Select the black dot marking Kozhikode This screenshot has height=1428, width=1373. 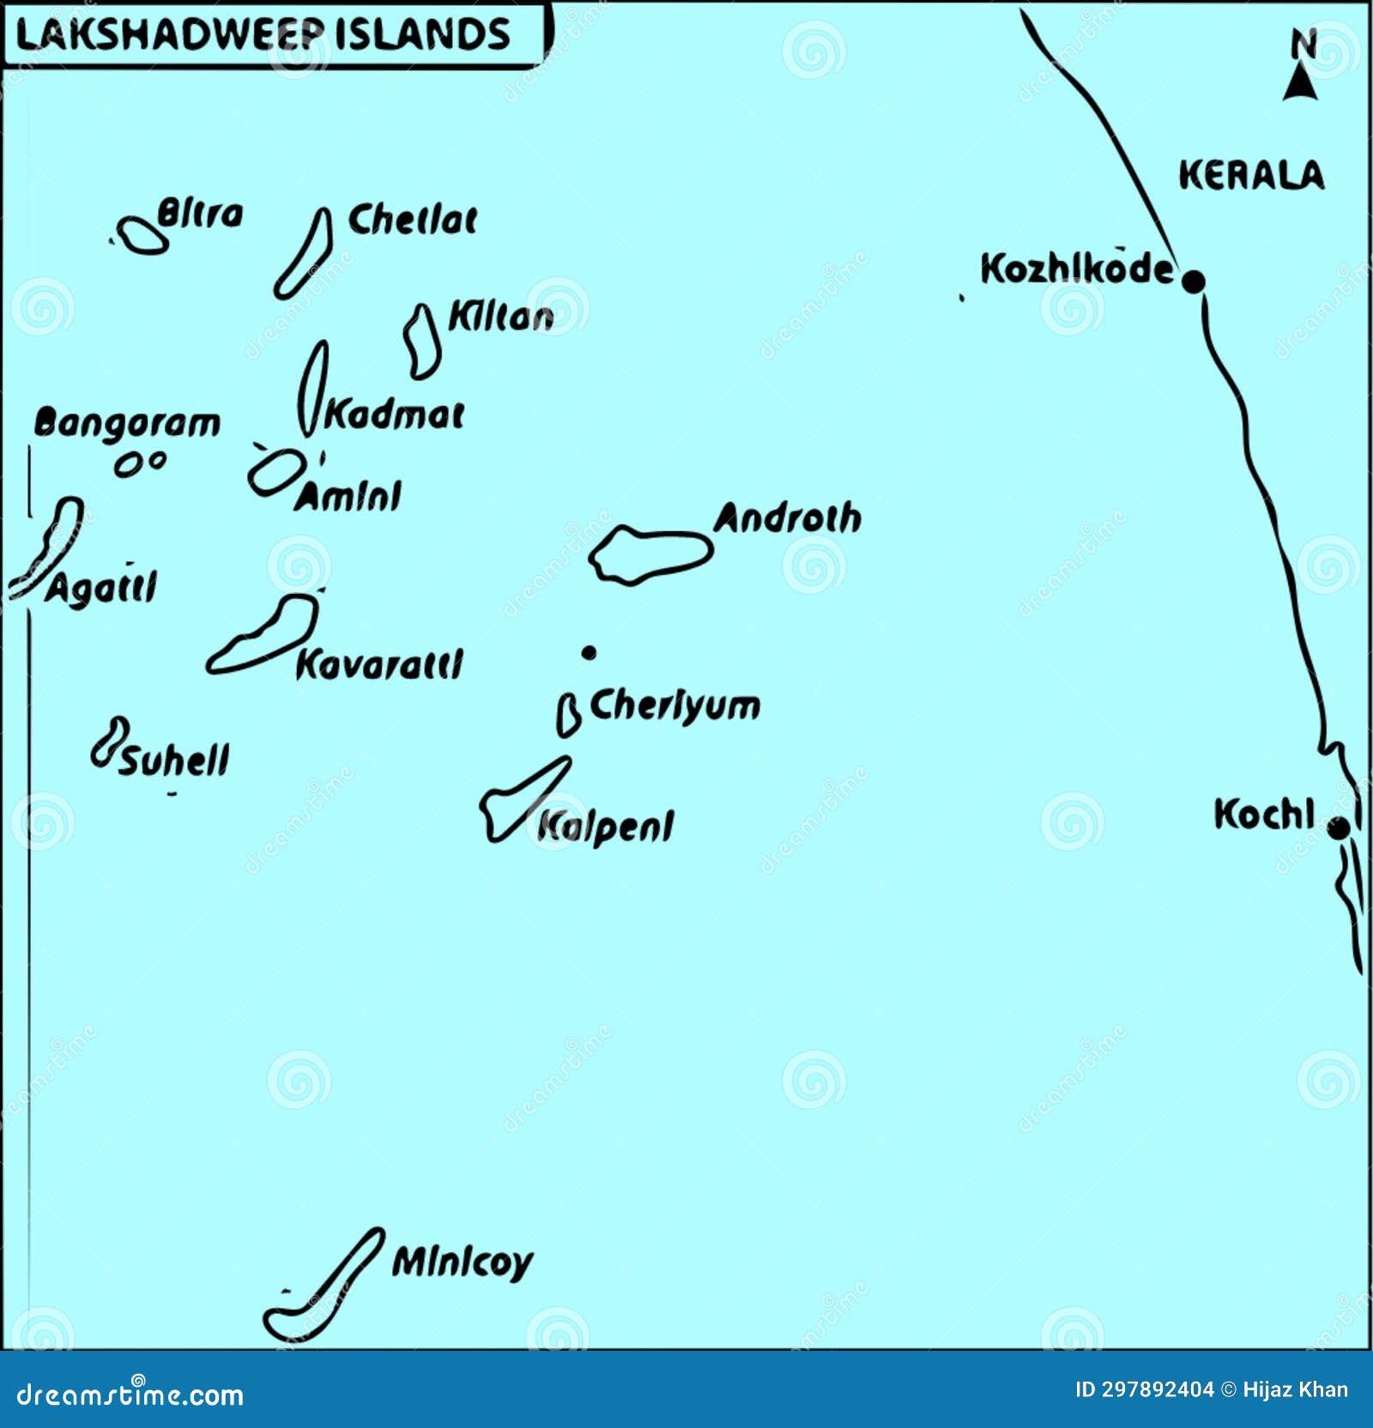point(1193,281)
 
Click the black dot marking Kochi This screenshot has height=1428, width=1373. point(1338,828)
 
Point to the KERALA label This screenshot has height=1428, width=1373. point(1251,175)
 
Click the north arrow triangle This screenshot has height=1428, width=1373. point(1300,83)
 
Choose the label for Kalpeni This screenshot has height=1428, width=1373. point(605,827)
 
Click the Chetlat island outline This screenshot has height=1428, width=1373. point(305,255)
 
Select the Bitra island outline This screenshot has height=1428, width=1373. point(142,236)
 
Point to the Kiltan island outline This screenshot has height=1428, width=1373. point(422,342)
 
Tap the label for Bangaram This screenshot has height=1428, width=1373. point(127,423)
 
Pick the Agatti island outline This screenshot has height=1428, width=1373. point(50,546)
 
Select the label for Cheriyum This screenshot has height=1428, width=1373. point(674,706)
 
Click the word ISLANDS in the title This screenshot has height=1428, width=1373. point(422,35)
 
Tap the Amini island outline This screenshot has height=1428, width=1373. point(275,473)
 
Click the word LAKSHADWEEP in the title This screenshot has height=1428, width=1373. point(170,35)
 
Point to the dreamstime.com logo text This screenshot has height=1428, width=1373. point(130,1395)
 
